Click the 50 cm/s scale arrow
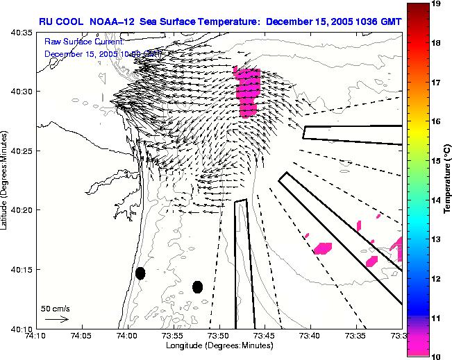[x=56, y=319]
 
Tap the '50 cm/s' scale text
[x=56, y=308]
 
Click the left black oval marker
[x=140, y=273]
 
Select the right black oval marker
[x=198, y=286]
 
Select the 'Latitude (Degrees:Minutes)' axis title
[x=6, y=180]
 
